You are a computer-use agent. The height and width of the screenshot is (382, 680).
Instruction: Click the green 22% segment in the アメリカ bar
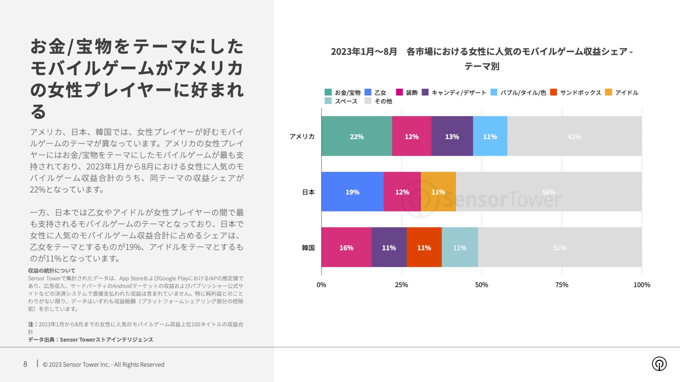pos(357,136)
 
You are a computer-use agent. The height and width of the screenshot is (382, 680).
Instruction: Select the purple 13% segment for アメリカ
pos(452,136)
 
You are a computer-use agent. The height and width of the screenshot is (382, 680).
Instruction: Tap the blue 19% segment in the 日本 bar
pos(352,192)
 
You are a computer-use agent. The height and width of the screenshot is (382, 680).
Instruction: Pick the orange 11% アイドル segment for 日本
pos(438,192)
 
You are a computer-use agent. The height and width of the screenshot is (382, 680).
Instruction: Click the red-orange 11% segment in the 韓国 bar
pos(424,247)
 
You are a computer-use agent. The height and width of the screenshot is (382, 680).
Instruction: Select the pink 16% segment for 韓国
pos(346,247)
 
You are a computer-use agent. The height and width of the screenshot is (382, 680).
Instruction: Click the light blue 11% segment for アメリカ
pos(490,136)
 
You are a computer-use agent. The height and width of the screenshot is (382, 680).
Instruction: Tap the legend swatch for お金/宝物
pos(328,92)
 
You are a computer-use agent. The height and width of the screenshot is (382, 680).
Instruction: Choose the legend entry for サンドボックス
pos(580,92)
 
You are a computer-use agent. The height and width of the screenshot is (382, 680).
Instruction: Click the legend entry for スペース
pos(346,101)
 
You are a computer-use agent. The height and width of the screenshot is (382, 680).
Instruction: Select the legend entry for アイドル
pos(626,92)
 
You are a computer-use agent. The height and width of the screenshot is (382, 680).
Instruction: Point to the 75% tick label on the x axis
pos(562,285)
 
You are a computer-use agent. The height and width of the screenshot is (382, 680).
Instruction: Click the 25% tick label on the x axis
pos(401,285)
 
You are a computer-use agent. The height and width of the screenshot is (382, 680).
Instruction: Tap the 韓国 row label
pos(308,248)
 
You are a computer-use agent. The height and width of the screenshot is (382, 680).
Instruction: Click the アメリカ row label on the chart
pos(302,136)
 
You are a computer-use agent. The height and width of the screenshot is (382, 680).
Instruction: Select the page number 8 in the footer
pos(25,364)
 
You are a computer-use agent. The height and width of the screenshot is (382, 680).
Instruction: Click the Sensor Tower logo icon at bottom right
pos(659,364)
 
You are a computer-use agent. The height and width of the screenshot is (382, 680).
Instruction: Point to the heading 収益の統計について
pos(52,270)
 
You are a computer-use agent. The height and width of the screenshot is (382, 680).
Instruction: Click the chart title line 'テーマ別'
pos(482,66)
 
